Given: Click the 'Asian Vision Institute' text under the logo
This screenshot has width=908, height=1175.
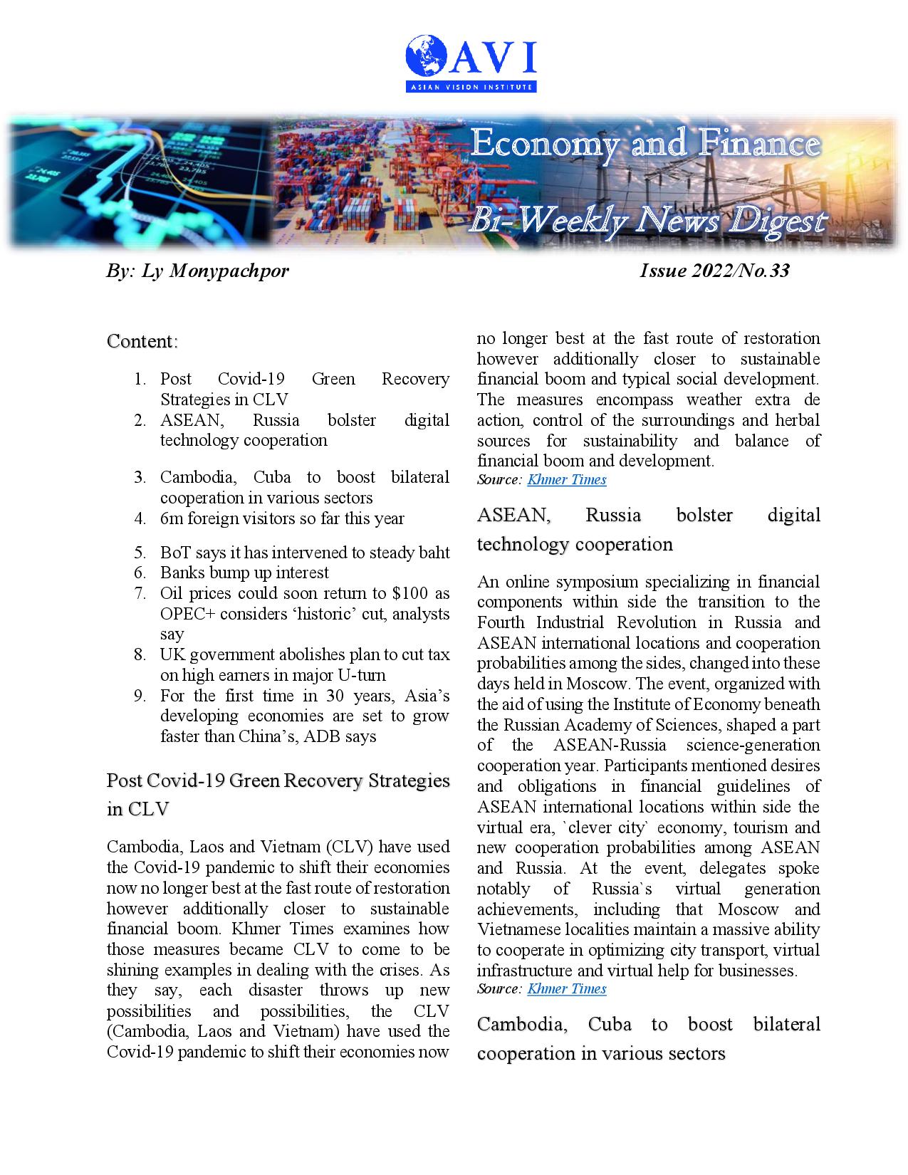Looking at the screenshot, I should (x=471, y=87).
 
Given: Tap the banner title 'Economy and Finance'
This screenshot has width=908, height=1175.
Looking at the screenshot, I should (x=645, y=145).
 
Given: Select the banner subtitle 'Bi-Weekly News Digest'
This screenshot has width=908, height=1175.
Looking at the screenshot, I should (x=646, y=221).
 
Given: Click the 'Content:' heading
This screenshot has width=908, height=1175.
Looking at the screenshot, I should (x=142, y=341).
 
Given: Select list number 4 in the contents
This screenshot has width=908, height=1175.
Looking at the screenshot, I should (x=140, y=518).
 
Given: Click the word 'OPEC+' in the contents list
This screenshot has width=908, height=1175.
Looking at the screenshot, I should (x=187, y=614).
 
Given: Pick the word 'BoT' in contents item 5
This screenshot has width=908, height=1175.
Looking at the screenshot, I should (x=174, y=553).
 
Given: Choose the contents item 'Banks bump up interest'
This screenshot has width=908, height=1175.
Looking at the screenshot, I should (x=244, y=573).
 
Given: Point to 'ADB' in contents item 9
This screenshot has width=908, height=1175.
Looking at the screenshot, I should (x=323, y=736).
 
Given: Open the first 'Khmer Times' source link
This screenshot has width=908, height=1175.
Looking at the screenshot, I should (x=566, y=479).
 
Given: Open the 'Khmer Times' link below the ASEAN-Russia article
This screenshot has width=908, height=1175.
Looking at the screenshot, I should (x=566, y=988).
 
